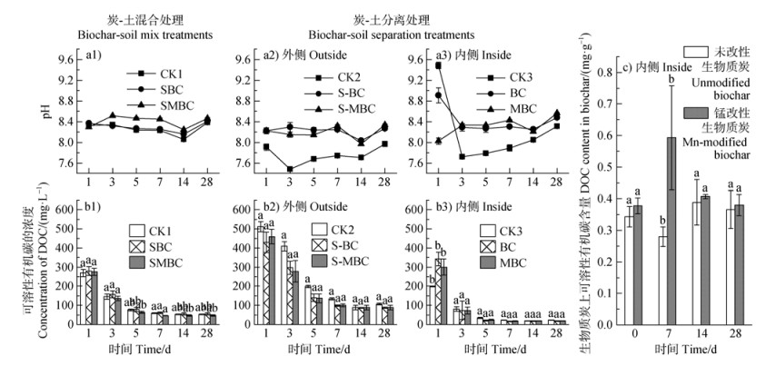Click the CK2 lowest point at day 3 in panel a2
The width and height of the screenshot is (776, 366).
289,169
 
